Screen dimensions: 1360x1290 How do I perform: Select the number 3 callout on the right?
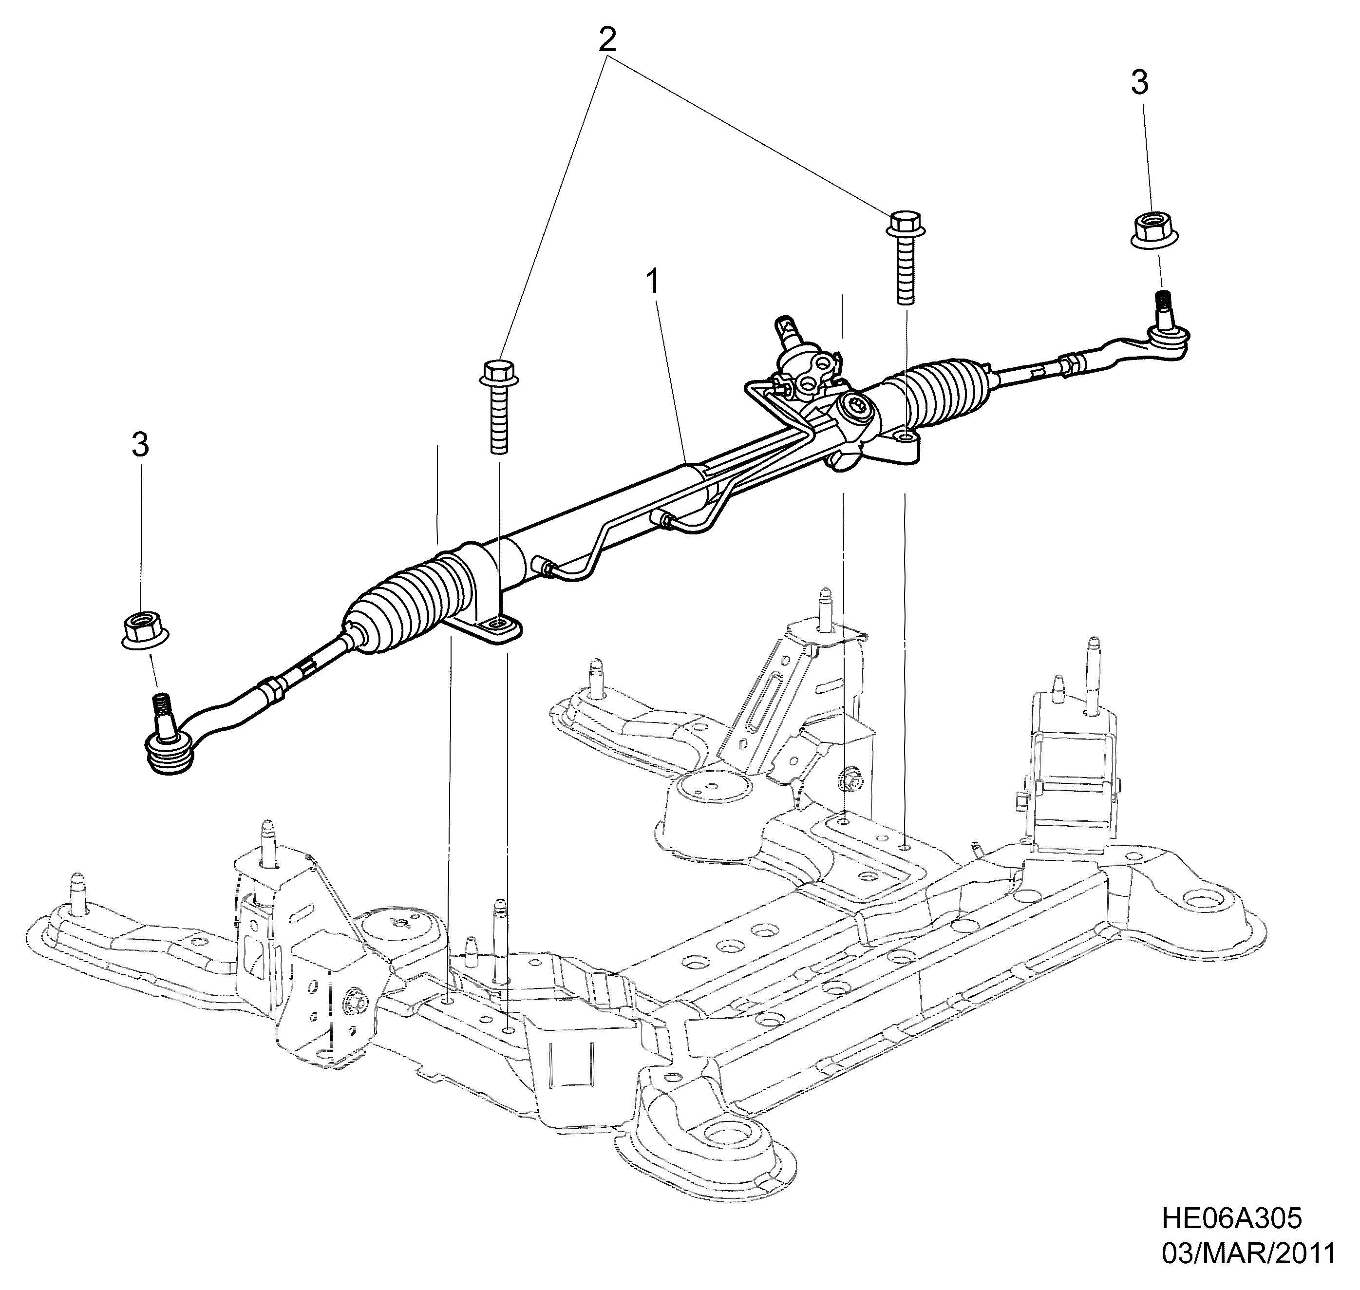1139,83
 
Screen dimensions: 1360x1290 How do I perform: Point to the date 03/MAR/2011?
1248,1253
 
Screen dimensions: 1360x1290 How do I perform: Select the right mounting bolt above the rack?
906,257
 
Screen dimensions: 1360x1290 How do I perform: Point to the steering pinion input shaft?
789,333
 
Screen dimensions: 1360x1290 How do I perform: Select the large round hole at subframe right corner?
1203,902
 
